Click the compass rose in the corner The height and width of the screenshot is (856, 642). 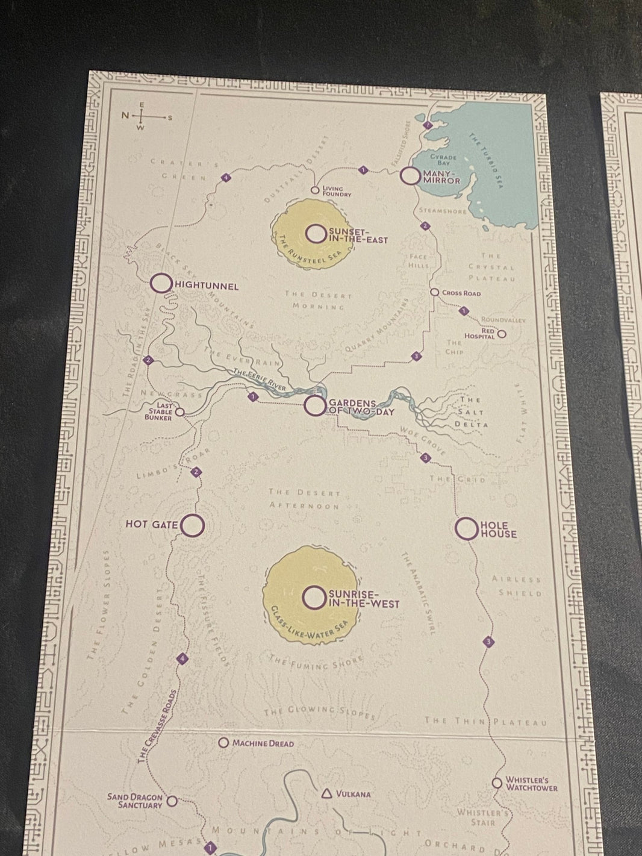click(142, 116)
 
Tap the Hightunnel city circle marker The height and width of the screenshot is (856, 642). click(161, 284)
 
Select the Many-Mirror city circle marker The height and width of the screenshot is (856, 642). click(410, 176)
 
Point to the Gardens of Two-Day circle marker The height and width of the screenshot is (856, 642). click(314, 405)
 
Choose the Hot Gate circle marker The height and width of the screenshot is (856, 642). click(193, 525)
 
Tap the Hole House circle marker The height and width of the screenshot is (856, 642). click(466, 529)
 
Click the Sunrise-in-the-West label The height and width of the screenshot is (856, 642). click(363, 599)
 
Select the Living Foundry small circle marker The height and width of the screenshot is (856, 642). click(314, 190)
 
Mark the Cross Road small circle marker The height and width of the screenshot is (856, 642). click(434, 292)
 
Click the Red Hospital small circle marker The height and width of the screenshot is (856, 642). click(502, 333)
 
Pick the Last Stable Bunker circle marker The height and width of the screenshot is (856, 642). click(179, 412)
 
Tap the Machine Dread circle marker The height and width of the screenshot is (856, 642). click(223, 743)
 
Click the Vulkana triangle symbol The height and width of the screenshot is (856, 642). click(327, 793)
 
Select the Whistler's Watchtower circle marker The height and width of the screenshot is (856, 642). click(497, 783)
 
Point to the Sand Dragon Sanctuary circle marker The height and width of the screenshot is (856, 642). click(172, 801)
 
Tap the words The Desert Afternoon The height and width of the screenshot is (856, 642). click(304, 499)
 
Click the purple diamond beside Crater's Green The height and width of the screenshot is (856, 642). click(226, 178)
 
